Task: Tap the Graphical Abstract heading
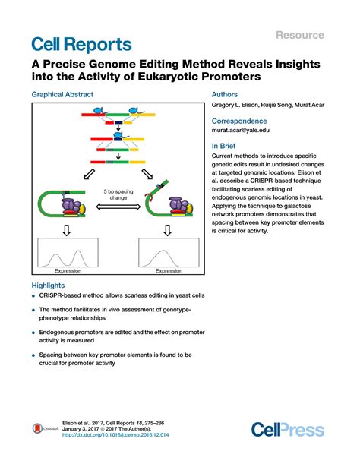[62, 94]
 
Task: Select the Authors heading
[225, 94]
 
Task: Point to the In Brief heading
[226, 145]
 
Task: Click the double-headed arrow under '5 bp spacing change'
[115, 206]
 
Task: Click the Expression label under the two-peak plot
[67, 270]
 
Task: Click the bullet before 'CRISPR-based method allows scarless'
[34, 297]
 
